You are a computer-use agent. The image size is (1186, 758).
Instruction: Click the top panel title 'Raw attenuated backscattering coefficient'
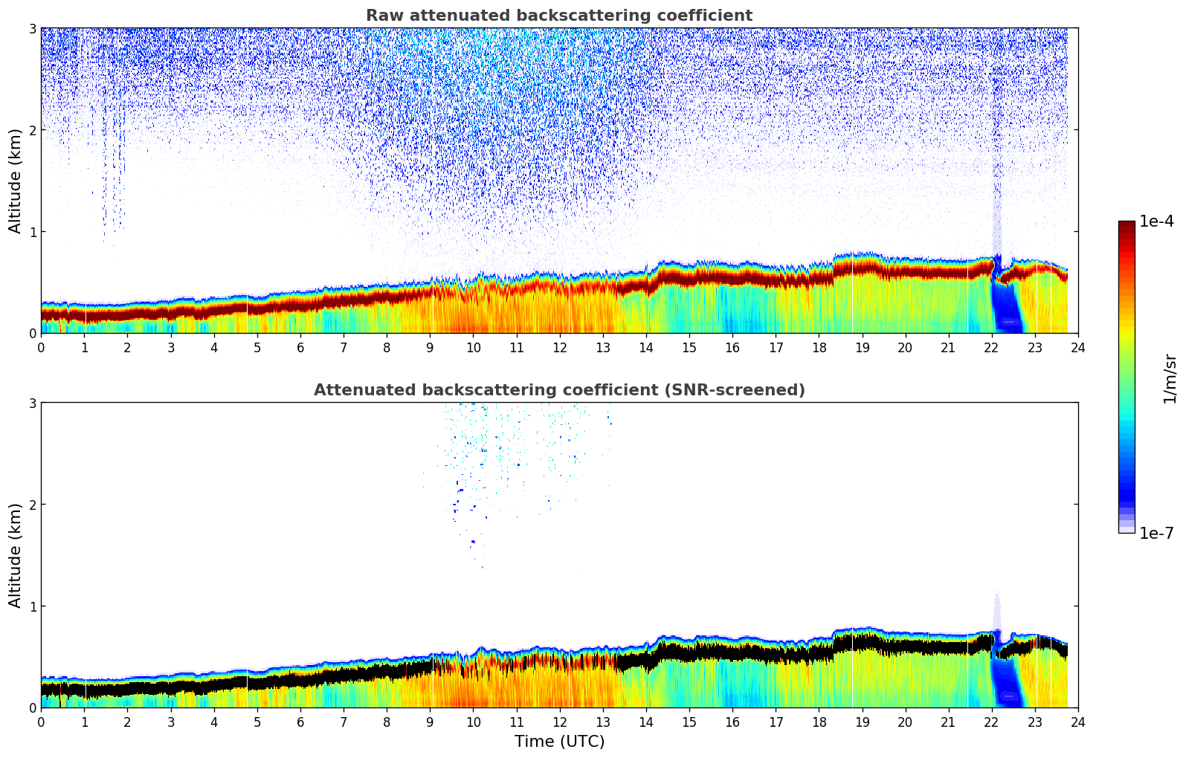[559, 16]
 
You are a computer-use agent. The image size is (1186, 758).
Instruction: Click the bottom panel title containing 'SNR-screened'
[559, 390]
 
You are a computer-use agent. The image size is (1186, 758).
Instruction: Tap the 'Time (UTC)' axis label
[559, 742]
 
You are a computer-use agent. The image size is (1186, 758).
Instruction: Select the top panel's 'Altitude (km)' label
[15, 181]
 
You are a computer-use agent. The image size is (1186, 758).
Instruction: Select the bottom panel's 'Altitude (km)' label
[15, 555]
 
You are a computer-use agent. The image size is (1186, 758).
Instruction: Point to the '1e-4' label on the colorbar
[1156, 221]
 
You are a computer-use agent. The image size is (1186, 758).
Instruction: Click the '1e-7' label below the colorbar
[1156, 533]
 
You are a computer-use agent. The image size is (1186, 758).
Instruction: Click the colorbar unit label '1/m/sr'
[1170, 378]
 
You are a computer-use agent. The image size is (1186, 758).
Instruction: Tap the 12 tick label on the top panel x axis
[559, 348]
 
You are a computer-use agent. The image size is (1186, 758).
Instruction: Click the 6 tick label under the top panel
[300, 348]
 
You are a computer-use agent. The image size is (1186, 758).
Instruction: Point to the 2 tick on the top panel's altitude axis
[32, 130]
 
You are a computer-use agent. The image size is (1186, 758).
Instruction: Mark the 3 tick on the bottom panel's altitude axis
[32, 403]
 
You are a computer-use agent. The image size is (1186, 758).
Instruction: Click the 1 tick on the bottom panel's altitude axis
[32, 606]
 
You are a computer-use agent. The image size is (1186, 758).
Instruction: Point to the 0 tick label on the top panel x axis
[41, 348]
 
